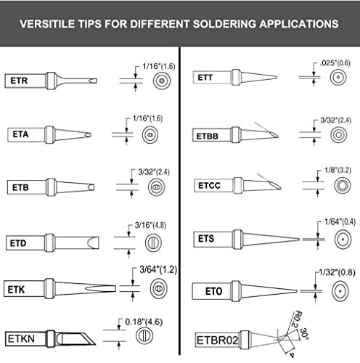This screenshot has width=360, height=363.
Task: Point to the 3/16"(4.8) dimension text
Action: [151, 225]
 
